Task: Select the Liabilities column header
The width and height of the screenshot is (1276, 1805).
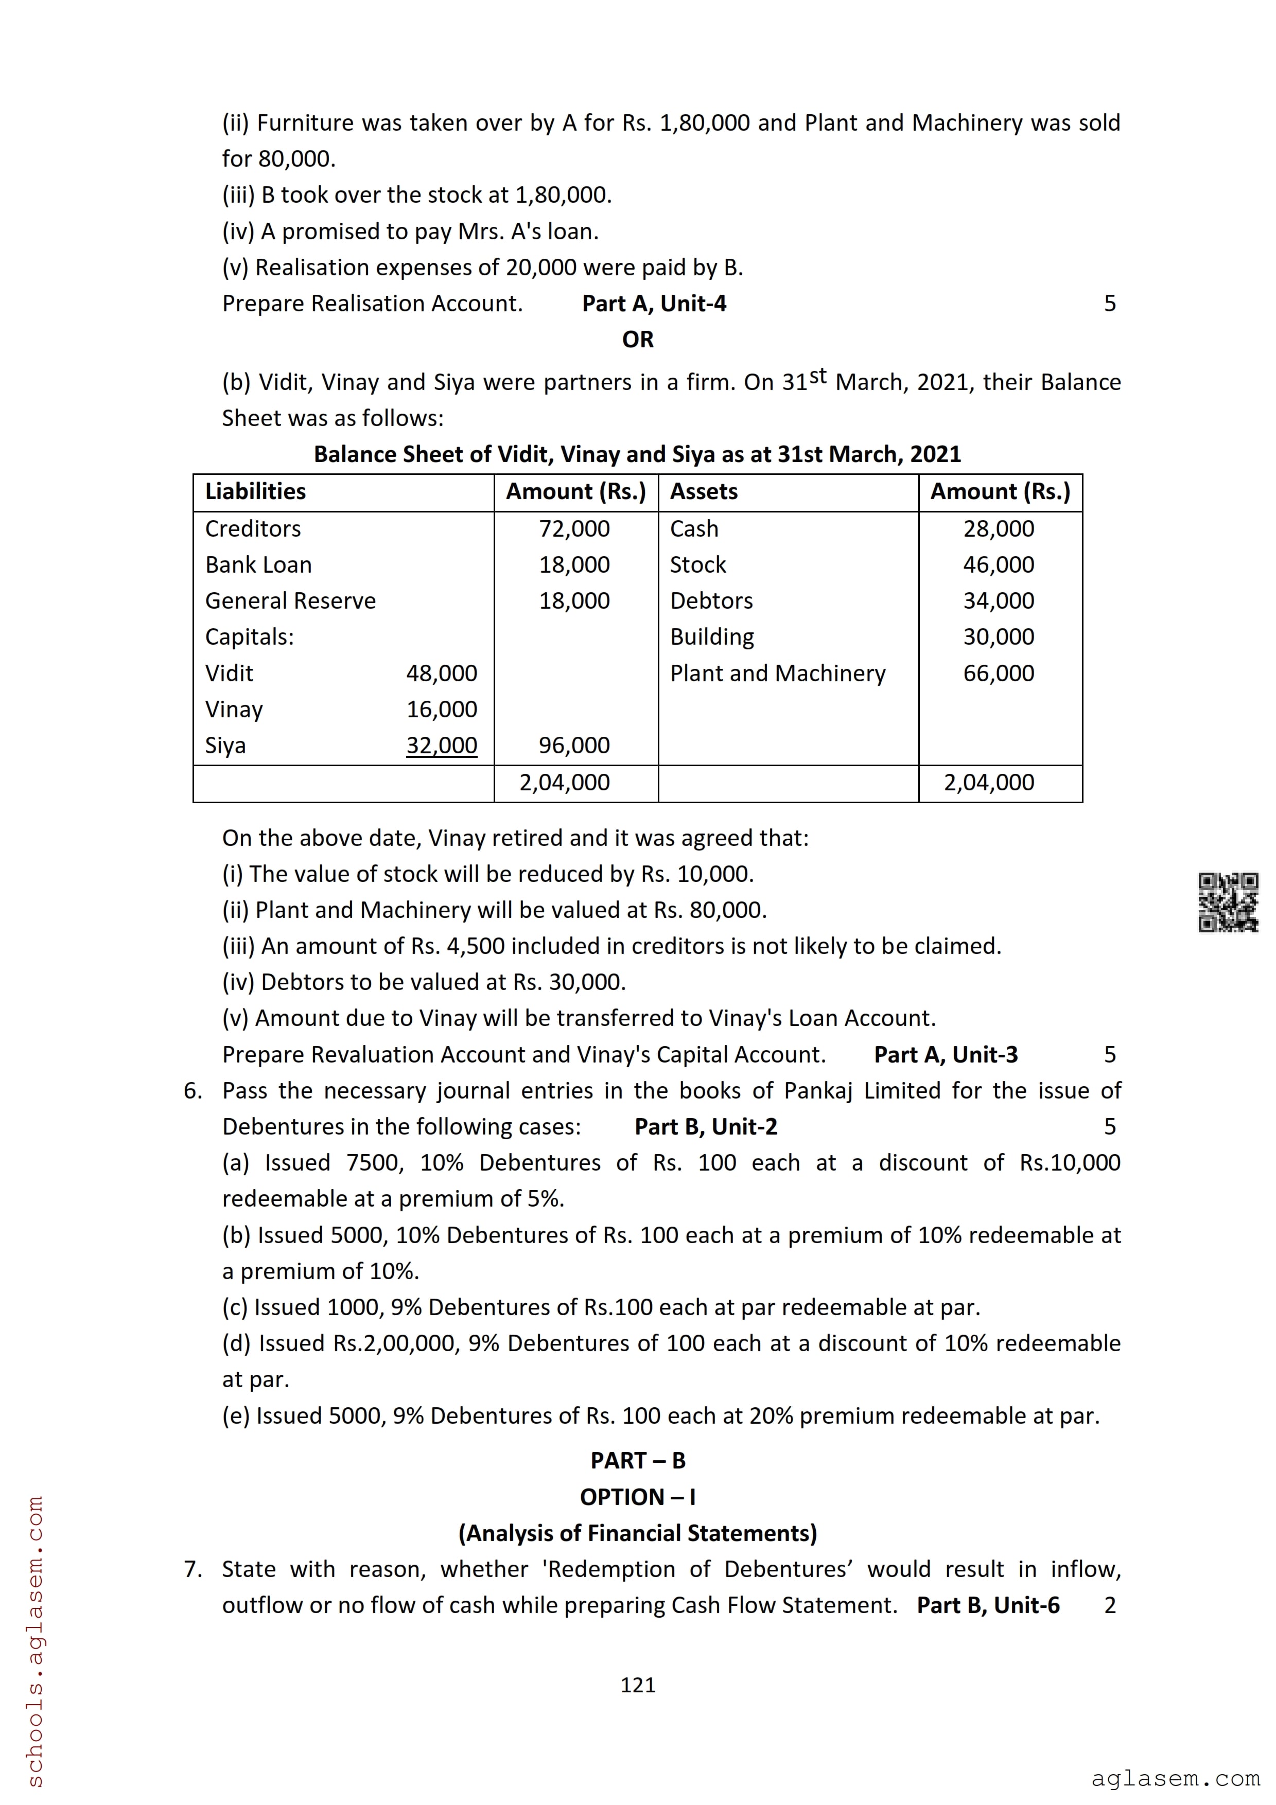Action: (255, 491)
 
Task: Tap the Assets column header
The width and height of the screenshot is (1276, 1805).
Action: (704, 491)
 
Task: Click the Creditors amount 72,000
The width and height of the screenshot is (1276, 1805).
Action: (574, 528)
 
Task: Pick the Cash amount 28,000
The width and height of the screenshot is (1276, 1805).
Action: (999, 528)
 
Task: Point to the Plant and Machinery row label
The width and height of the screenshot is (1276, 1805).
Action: (778, 673)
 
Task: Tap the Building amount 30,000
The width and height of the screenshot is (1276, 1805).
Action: (999, 637)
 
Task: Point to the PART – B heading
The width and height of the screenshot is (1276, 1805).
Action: (638, 1461)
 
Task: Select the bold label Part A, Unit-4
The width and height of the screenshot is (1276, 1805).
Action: (654, 304)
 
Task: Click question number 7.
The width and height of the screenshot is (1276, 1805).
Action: (193, 1569)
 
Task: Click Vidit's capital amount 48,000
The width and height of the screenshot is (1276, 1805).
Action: (441, 673)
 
